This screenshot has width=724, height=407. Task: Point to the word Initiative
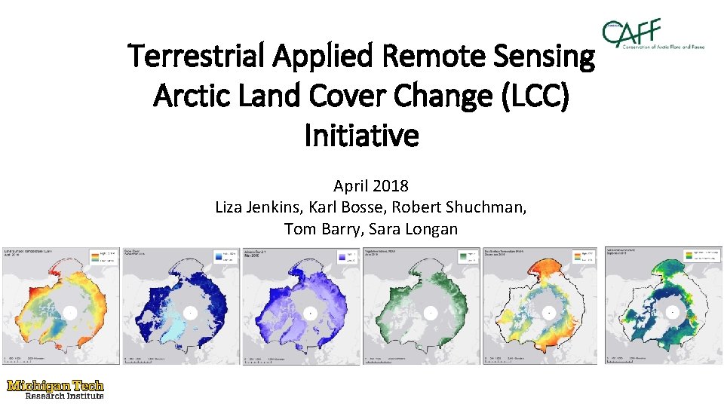(x=361, y=136)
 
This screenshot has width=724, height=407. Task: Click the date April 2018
(x=370, y=185)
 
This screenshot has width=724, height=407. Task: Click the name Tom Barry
(x=320, y=228)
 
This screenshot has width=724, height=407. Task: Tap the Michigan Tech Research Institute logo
(x=55, y=388)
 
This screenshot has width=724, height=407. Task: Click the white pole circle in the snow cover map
(x=189, y=311)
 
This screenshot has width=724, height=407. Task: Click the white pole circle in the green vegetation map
(x=429, y=311)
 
